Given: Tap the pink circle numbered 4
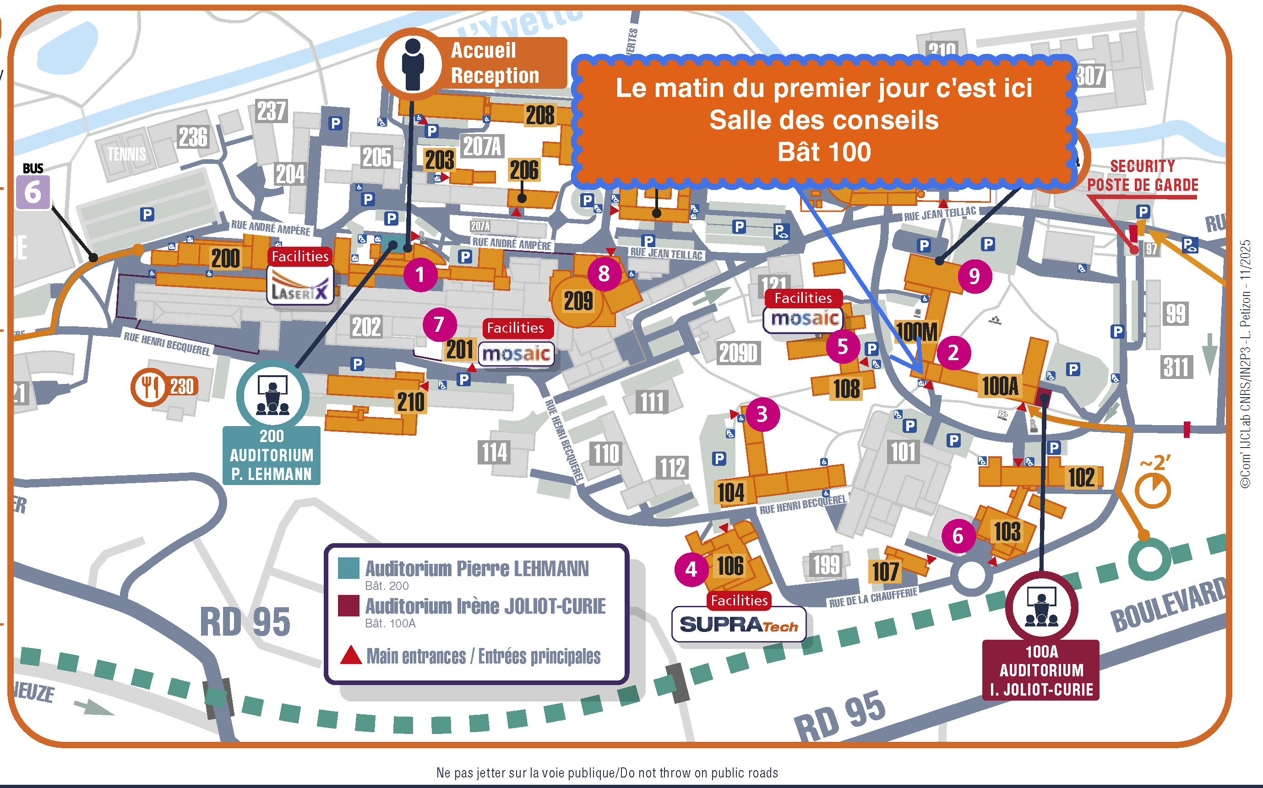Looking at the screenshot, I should pos(691,569).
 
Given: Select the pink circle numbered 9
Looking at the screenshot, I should pos(974,276).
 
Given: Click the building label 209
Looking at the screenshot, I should pos(578,301).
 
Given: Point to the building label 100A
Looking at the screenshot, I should pos(1000,386).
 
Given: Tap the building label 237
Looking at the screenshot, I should pos(271,111).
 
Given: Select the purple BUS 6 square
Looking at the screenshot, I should pos(33,192).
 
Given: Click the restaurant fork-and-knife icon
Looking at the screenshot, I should pos(149,387).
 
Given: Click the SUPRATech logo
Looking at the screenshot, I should pos(738,624).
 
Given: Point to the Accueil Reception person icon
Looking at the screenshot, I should pos(413,64).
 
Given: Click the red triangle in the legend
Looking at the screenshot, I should pos(351,655).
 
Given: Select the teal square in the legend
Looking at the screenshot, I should pos(348,568).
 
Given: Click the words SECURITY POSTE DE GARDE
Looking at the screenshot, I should pos(1142,176).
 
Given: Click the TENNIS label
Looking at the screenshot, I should pos(127,154).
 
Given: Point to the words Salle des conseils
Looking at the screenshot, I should pos(824,120).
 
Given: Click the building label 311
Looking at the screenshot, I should pos(1176,367).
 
